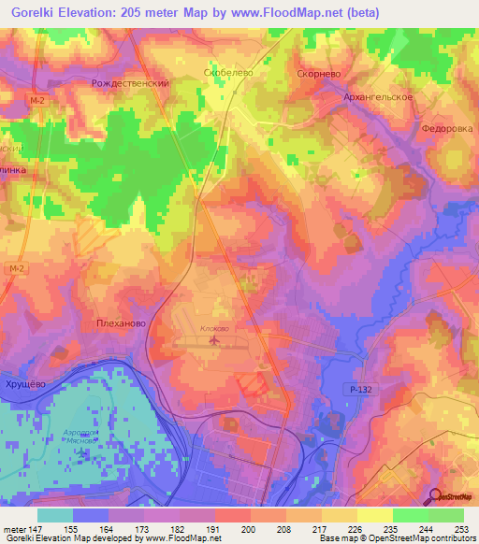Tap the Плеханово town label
[x=121, y=323]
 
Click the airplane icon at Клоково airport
[x=215, y=342]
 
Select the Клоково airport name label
[x=214, y=329]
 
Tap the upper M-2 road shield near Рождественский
[x=36, y=100]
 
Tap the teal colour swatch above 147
[x=54, y=515]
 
